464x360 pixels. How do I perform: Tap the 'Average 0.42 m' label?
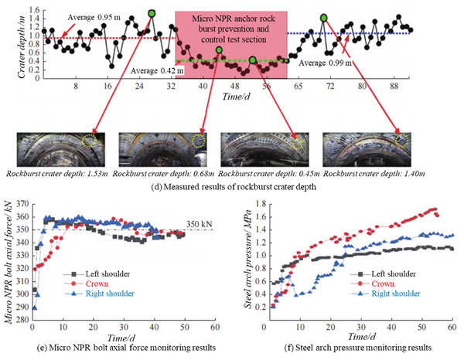[159, 71]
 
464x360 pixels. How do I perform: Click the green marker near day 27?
[152, 13]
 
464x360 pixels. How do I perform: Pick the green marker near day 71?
[323, 17]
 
